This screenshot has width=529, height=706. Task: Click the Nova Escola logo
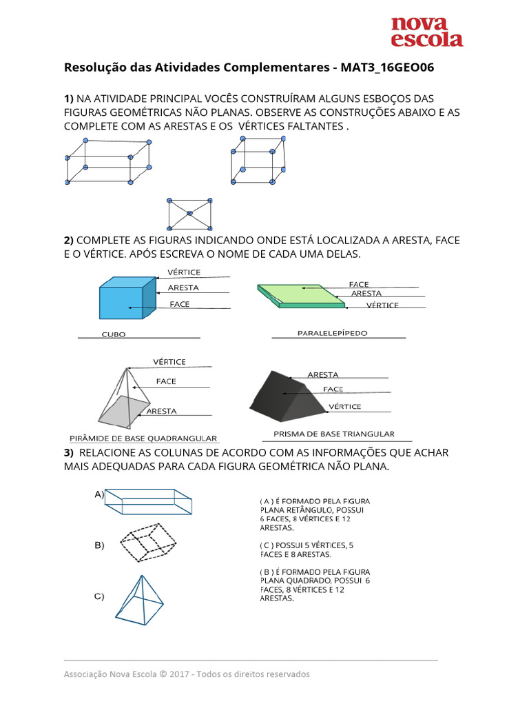427,32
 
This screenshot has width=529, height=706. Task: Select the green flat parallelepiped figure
300,294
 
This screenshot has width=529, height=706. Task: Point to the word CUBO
113,334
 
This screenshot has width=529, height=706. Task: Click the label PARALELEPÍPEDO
332,333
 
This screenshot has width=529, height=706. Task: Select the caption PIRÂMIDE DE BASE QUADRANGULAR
143,438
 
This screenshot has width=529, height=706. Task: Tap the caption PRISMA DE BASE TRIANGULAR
334,434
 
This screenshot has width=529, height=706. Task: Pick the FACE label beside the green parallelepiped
358,284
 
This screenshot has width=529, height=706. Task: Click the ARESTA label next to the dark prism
322,375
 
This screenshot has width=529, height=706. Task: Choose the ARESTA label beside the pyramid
161,412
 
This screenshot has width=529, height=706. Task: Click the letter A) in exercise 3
99,494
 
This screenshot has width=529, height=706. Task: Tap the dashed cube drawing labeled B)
149,545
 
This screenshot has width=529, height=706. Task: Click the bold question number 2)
69,241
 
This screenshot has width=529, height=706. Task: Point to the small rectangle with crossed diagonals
189,214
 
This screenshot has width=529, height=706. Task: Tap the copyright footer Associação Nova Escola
187,674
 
